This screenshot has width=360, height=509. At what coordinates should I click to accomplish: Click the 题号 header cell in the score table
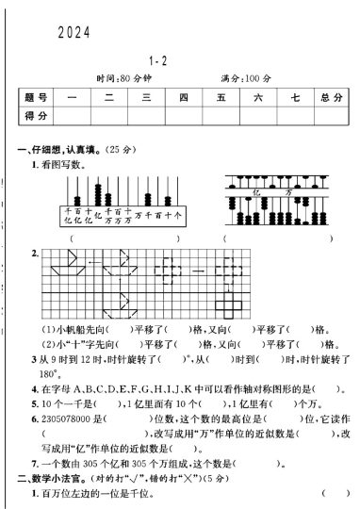35,96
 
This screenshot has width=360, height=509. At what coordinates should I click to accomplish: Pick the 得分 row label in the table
35,115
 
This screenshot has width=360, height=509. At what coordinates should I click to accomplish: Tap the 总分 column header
330,96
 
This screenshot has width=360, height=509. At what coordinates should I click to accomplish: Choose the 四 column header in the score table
183,96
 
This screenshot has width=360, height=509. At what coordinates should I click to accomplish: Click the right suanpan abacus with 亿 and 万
269,197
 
